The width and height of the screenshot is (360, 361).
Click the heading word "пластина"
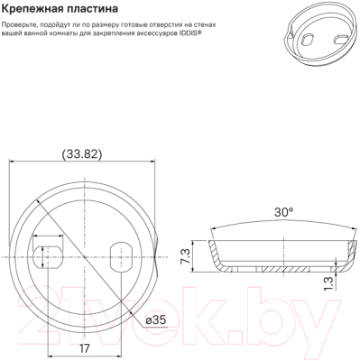coord(93,10)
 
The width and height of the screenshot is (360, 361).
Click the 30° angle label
coord(284,213)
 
